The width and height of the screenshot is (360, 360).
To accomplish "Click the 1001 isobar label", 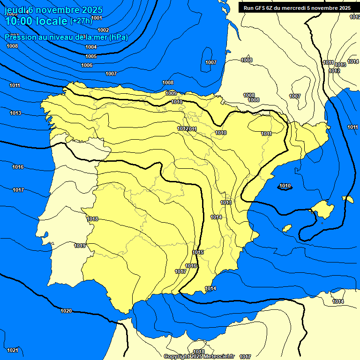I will coord(97,18).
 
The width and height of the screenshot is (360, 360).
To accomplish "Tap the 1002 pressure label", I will coord(103,30).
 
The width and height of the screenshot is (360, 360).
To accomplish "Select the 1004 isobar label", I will coord(91,47).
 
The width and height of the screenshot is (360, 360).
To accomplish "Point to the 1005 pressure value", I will coord(91,56).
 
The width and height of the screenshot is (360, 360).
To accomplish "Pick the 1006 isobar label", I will coord(87,65).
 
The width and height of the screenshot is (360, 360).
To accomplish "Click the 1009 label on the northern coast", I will coord(171,93).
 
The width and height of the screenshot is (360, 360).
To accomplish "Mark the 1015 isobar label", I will coord(198,253).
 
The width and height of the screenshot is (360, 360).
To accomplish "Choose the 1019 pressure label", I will coord(80,246).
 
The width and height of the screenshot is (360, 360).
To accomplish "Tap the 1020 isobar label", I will coord(66,311).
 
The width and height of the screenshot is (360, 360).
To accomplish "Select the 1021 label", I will coord(13,350).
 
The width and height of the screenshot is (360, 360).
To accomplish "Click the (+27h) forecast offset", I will coord(81,21).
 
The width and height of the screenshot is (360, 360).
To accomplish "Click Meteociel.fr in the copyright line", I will coord(218,357).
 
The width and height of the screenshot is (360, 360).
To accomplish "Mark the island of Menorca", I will coord(348,199).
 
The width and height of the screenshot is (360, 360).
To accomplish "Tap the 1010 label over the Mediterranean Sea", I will coord(285,186).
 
